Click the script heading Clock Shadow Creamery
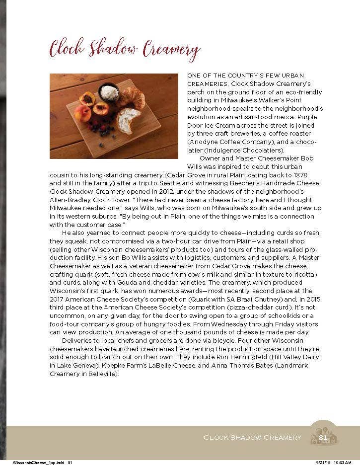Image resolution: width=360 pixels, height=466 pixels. [125, 50]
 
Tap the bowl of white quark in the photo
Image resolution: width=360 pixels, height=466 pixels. [109, 92]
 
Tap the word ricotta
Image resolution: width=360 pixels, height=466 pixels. [307, 274]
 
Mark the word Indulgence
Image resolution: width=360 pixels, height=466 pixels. [222, 150]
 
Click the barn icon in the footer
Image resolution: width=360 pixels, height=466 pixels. [324, 436]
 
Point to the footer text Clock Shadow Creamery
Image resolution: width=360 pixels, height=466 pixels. [252, 437]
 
